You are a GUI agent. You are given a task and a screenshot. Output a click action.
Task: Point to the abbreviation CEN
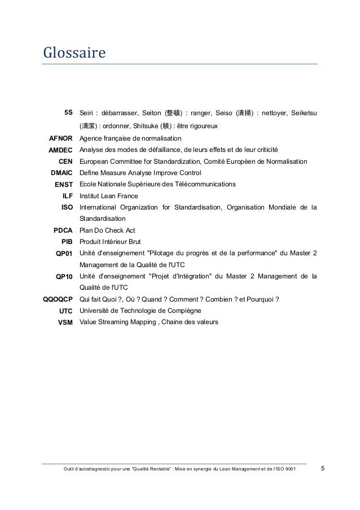click(x=66, y=162)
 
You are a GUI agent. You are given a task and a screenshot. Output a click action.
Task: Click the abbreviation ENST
click(x=64, y=185)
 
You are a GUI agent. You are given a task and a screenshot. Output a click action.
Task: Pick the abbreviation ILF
click(x=68, y=196)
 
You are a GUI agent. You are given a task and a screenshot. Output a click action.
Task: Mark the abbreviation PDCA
click(x=63, y=230)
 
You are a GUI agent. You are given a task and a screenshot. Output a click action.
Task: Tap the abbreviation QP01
click(x=64, y=254)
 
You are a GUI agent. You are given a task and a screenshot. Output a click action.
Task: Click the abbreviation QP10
click(x=64, y=277)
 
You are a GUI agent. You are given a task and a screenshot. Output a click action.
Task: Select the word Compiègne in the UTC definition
click(x=183, y=311)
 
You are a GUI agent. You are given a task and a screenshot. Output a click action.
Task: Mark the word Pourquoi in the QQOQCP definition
click(x=263, y=300)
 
